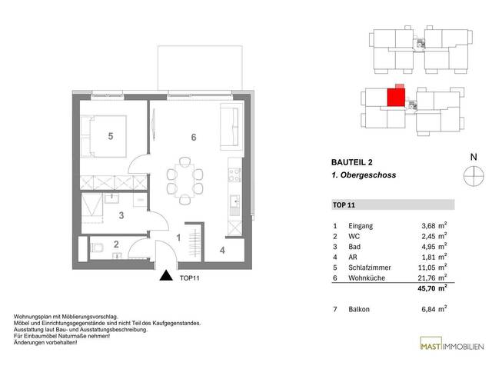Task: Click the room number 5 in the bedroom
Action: [111, 136]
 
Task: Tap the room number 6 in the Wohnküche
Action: [194, 137]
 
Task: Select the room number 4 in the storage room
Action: [222, 250]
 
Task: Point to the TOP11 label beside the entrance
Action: [190, 278]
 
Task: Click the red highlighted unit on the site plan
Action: [396, 97]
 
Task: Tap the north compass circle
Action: [474, 175]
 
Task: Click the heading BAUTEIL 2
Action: [352, 162]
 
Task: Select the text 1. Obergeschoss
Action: [364, 175]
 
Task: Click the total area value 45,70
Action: [427, 288]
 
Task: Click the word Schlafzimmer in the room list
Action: [370, 268]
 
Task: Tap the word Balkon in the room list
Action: [359, 309]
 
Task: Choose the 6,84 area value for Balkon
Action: [428, 309]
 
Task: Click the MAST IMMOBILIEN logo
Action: [452, 344]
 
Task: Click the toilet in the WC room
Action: [97, 248]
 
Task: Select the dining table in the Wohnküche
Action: [184, 181]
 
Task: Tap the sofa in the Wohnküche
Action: [232, 127]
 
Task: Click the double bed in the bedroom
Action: [104, 137]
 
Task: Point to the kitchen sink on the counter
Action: [234, 201]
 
